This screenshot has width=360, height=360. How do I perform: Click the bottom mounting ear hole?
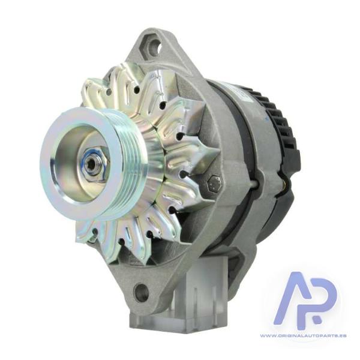point(140,290)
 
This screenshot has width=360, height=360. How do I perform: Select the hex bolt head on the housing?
point(214,183)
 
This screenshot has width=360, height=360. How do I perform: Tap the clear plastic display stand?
point(179,296)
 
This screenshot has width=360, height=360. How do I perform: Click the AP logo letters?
point(307,298)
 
